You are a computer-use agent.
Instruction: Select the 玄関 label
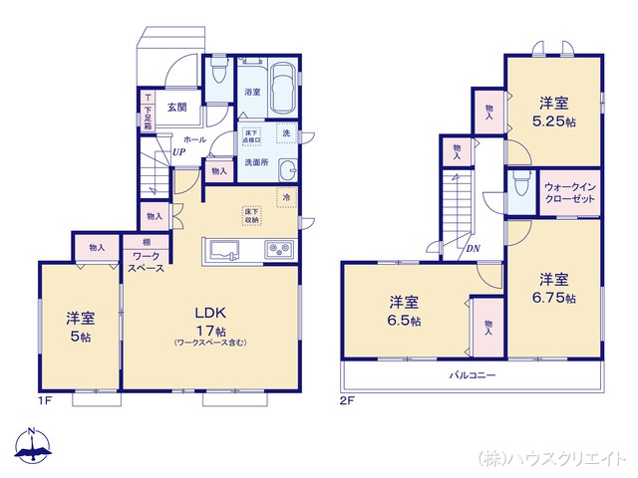pyautogui.click(x=177, y=108)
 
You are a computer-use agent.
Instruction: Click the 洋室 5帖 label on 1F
pyautogui.click(x=81, y=328)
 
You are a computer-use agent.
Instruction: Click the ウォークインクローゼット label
pyautogui.click(x=570, y=192)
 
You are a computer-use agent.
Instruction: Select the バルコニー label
pyautogui.click(x=472, y=376)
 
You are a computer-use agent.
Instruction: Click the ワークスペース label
pyautogui.click(x=147, y=262)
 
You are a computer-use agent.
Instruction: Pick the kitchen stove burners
pyautogui.click(x=277, y=248)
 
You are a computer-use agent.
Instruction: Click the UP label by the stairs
pyautogui.click(x=176, y=152)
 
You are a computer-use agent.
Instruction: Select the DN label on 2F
pyautogui.click(x=473, y=249)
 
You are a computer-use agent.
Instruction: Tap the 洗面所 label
pyautogui.click(x=256, y=162)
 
